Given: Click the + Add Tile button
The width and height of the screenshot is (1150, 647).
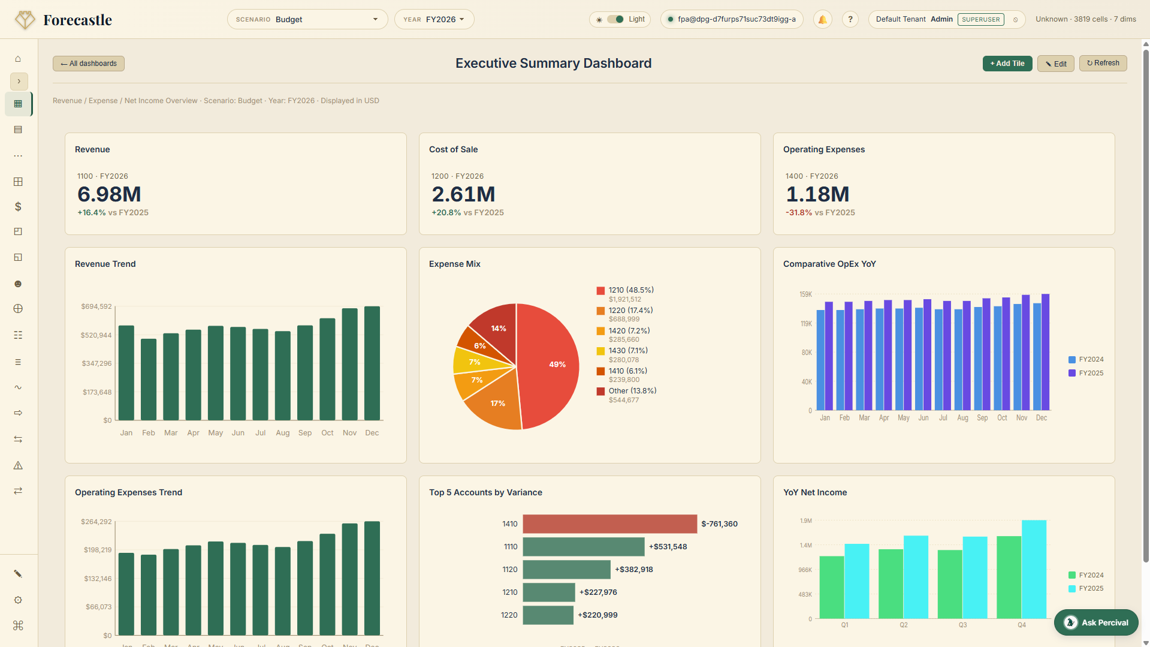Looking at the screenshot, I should click(x=1007, y=64).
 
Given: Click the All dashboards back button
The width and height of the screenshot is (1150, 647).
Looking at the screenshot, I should click(x=89, y=64).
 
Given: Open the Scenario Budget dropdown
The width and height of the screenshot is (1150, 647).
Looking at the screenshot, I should click(x=307, y=19).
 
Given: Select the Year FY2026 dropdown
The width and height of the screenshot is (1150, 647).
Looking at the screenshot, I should click(x=434, y=19).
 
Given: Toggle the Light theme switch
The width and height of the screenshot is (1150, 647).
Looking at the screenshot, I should click(x=615, y=19).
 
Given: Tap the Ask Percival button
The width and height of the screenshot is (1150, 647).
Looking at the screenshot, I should click(x=1096, y=622).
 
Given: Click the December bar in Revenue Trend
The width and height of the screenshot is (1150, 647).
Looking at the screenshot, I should click(x=372, y=363).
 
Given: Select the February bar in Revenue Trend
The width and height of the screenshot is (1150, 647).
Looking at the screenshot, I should click(x=149, y=379).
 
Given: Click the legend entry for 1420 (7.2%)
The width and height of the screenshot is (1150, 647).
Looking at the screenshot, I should click(x=629, y=331).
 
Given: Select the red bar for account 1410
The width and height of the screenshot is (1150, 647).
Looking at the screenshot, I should click(x=609, y=524).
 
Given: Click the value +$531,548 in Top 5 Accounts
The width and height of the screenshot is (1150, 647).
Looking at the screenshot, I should click(x=668, y=547).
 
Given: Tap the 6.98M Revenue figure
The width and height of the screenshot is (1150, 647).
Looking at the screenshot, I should click(x=109, y=194).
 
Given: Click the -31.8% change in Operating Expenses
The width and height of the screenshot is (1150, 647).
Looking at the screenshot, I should click(x=799, y=213).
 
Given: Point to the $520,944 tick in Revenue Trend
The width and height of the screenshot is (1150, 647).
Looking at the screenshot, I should click(x=96, y=335).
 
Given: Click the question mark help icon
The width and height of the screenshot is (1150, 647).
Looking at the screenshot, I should click(x=850, y=19).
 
